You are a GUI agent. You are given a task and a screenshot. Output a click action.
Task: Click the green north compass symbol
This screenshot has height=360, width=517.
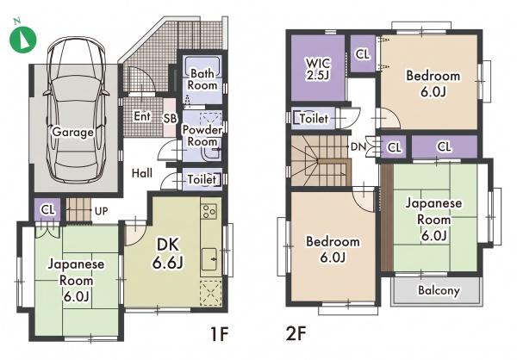click(x=22, y=39)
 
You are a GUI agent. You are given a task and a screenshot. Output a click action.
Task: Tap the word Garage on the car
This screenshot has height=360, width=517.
click(x=73, y=132)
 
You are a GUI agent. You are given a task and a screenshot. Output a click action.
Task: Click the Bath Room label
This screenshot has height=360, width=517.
click(x=202, y=79)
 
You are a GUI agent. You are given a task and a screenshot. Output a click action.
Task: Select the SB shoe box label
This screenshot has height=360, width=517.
click(x=170, y=118)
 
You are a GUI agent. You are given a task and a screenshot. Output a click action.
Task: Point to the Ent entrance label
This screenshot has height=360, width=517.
click(x=142, y=116)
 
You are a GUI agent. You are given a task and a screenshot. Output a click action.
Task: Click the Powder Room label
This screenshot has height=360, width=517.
click(x=202, y=136)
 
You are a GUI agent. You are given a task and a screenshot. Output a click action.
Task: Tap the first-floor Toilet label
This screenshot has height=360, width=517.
click(x=202, y=180)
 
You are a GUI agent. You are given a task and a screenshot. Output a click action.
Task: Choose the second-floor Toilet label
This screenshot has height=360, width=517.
click(x=314, y=118)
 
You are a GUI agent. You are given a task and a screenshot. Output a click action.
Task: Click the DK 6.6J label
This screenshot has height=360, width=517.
click(x=168, y=253)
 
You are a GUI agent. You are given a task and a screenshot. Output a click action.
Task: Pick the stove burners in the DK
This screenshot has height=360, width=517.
click(x=209, y=211)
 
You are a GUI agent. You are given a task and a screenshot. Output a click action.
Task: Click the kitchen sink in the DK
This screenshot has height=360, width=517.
click(x=209, y=258)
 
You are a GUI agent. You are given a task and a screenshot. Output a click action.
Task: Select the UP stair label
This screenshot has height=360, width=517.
click(x=101, y=211)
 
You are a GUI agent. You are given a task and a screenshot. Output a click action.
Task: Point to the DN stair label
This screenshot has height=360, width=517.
click(x=358, y=146)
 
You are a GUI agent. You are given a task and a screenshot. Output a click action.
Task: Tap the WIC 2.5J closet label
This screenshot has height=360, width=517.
click(x=318, y=69)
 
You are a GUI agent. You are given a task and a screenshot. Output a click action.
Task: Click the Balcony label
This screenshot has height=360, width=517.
click(x=439, y=290)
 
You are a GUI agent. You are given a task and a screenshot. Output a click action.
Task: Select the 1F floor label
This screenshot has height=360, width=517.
click(x=219, y=334)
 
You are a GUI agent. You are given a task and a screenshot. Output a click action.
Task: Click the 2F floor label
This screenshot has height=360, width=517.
click(x=296, y=334)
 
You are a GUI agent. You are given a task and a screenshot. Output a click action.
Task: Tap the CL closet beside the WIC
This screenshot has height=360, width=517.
click(x=363, y=53)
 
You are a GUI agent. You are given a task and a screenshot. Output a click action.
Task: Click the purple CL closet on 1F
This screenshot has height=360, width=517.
click(x=48, y=209)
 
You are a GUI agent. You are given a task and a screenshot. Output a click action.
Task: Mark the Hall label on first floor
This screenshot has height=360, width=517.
click(x=142, y=173)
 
